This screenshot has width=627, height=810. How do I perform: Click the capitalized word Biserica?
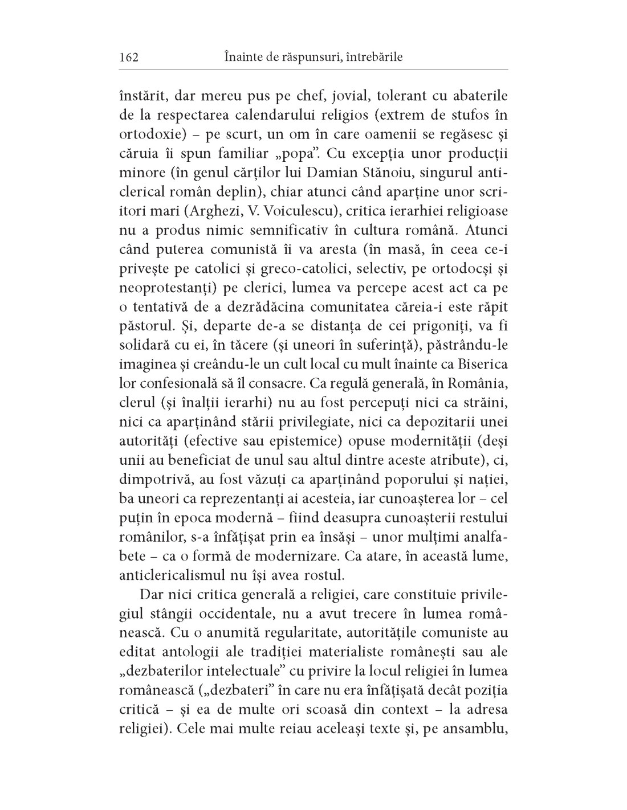pyautogui.click(x=478, y=366)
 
